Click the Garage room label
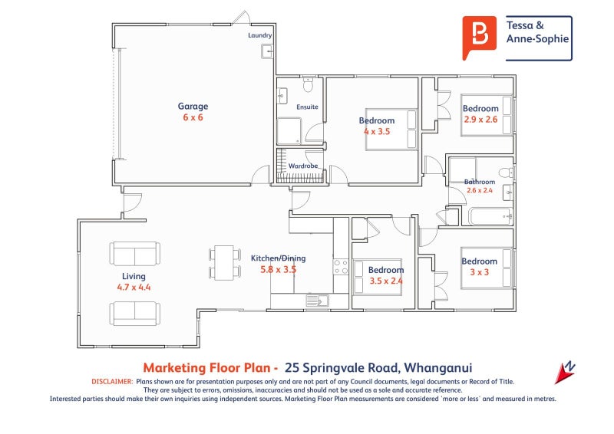click(x=193, y=107)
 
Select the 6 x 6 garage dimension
click(x=193, y=118)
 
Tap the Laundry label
click(x=259, y=36)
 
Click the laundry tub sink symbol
click(x=266, y=51)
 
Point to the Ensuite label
click(x=307, y=107)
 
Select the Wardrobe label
click(x=303, y=166)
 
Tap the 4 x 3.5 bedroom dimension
click(x=377, y=132)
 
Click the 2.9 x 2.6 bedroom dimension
click(x=480, y=120)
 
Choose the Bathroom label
click(x=480, y=182)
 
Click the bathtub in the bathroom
click(x=490, y=216)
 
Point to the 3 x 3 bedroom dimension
click(x=480, y=272)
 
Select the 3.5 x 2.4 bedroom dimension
click(x=385, y=281)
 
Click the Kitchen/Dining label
click(x=278, y=258)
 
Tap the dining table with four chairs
click(x=224, y=262)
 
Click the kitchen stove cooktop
click(x=341, y=267)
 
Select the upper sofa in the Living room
click(x=135, y=254)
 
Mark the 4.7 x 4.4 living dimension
click(x=134, y=288)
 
